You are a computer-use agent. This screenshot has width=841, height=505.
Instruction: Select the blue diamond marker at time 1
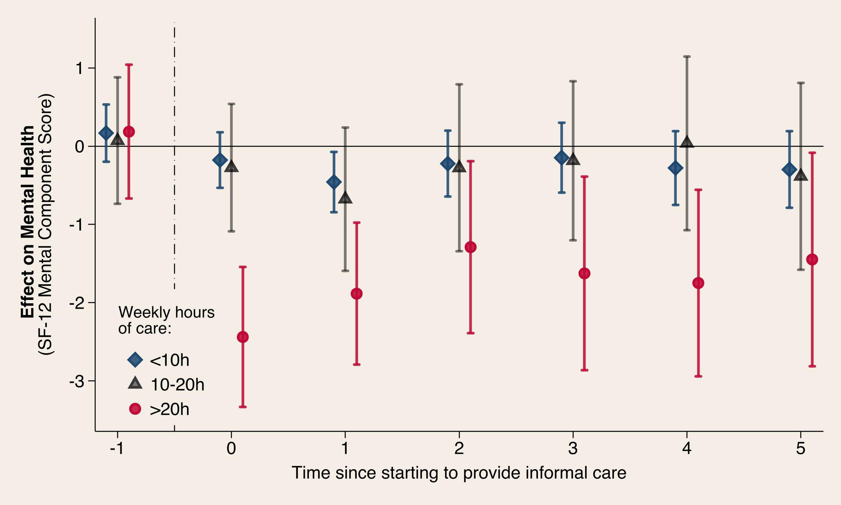(334, 182)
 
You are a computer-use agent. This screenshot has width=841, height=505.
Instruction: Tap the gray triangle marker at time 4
(687, 141)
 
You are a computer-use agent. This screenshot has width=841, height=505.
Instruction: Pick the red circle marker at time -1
(129, 131)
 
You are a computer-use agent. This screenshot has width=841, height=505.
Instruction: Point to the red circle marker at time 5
(812, 259)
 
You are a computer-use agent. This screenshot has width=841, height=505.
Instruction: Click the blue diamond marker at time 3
(561, 158)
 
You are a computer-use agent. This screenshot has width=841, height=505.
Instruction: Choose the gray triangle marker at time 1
(345, 197)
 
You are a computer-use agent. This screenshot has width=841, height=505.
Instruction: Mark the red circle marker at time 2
(471, 247)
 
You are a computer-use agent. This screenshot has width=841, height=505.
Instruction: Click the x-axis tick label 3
(573, 448)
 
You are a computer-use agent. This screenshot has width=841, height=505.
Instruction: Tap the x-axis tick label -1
(117, 448)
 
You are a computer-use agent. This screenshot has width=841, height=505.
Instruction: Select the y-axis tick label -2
(76, 303)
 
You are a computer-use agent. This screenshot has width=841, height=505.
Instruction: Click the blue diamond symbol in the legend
(135, 360)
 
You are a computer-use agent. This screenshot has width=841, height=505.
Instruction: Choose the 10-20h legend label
(177, 384)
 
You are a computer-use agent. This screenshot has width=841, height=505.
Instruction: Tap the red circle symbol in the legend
(135, 408)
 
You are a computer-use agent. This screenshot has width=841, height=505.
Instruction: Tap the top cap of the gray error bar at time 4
(687, 57)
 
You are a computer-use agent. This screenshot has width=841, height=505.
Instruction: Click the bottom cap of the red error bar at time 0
(243, 407)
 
